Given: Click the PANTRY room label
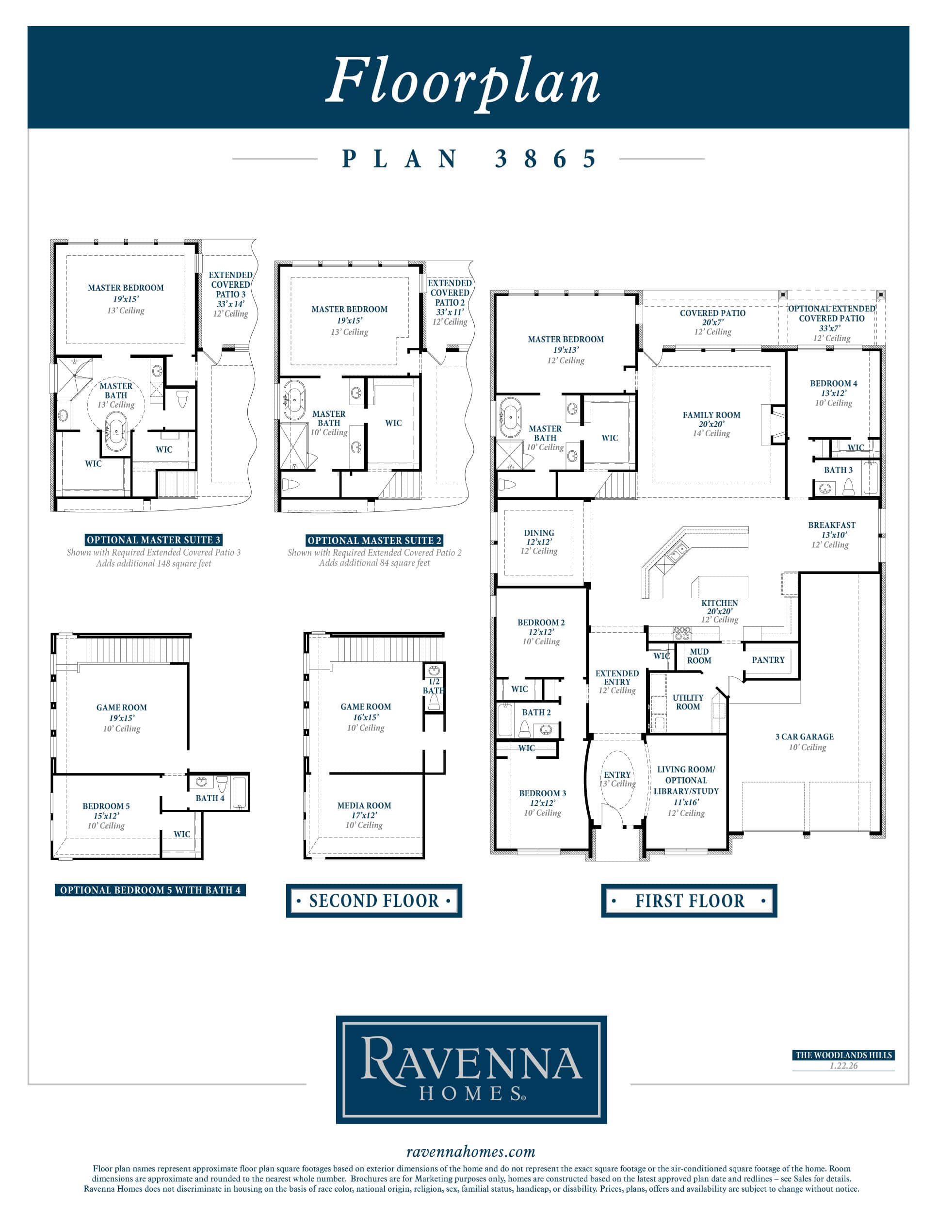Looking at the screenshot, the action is click(768, 660).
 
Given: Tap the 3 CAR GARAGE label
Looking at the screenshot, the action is click(804, 737).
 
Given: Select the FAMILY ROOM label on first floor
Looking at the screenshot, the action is click(711, 415).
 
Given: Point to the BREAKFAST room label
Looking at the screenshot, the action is click(832, 525).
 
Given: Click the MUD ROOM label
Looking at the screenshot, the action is click(699, 656).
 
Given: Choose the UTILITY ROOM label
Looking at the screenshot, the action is click(688, 702).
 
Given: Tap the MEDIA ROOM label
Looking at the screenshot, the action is click(364, 805).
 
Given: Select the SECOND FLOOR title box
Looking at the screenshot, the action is click(374, 901).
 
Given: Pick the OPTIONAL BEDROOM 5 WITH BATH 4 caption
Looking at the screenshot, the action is click(150, 890).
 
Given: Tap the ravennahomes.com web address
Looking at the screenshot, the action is click(471, 1151).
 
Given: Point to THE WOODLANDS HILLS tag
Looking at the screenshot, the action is click(844, 1055).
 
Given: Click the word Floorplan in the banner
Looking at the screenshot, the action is click(463, 82).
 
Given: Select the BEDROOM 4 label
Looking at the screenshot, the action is click(833, 383).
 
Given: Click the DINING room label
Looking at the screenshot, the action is click(539, 533).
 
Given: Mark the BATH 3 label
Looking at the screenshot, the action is click(838, 470).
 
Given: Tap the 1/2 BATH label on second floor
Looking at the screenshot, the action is click(434, 686).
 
